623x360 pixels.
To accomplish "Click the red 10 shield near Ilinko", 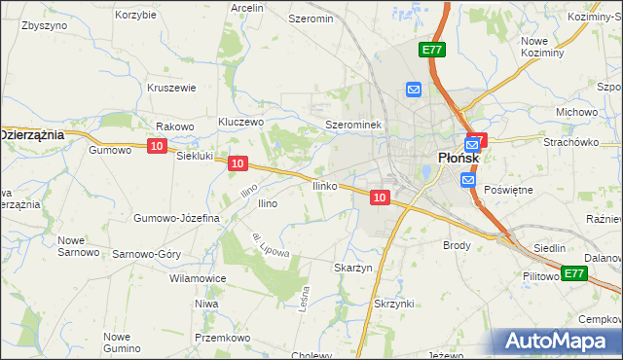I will tap(381, 198).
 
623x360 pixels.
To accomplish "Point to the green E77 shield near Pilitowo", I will tap(574, 273).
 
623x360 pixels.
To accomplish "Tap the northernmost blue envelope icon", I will tap(414, 90).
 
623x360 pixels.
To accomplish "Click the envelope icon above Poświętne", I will tap(468, 181).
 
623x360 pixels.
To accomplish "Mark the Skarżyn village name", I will tap(353, 268).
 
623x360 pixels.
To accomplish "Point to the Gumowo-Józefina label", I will tap(177, 218).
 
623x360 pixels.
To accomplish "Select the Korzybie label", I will tap(135, 16).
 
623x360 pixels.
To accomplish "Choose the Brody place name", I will tap(458, 246).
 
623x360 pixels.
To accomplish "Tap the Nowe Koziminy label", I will tap(542, 47).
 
